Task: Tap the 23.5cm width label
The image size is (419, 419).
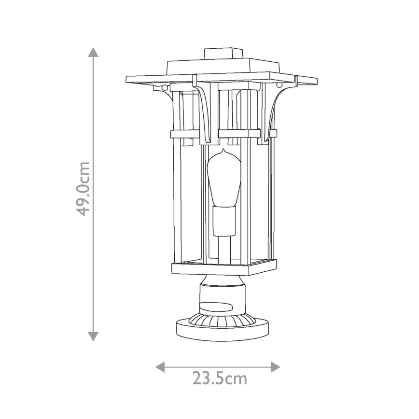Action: point(220,378)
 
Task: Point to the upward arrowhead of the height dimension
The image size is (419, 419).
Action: point(93,51)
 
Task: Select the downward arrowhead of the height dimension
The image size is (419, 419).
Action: point(93,336)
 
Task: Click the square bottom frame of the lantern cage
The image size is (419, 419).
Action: point(224,268)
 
